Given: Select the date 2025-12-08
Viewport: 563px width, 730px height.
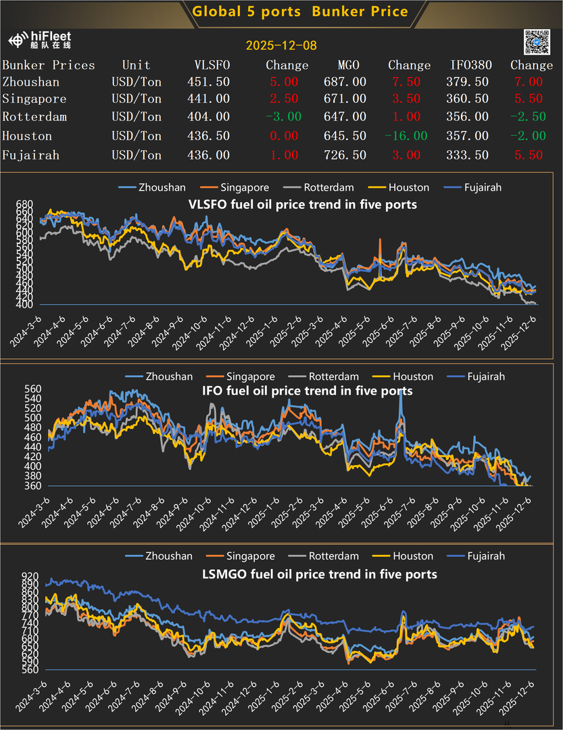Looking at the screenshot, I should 281,46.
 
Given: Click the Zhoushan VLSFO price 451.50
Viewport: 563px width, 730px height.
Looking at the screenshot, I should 208,82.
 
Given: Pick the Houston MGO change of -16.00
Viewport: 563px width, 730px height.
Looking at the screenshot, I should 406,136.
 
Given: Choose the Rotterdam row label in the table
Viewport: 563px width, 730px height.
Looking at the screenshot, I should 34,116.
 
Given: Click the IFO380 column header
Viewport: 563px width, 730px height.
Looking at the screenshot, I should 471,66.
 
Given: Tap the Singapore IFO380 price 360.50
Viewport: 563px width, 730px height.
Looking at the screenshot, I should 470,99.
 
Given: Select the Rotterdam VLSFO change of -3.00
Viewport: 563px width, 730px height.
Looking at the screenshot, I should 283,116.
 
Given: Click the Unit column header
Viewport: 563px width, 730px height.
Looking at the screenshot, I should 136,66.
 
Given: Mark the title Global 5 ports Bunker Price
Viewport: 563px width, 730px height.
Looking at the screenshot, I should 300,11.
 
